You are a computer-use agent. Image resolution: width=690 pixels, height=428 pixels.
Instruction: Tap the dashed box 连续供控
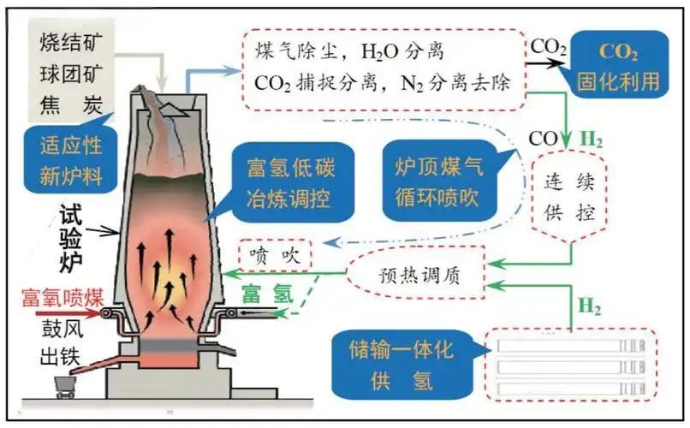[566, 195]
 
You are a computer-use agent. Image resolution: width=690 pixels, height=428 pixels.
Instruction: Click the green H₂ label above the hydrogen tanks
[590, 305]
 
